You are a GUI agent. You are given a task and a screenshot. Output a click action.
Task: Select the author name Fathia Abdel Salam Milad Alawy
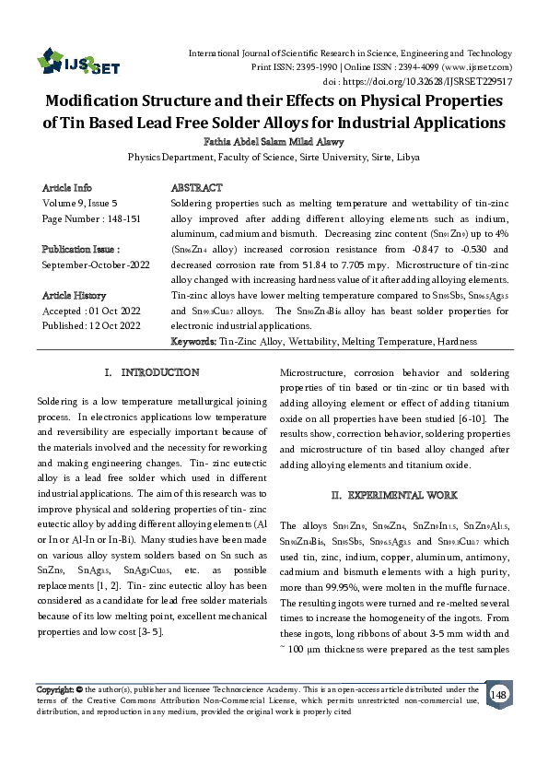274,142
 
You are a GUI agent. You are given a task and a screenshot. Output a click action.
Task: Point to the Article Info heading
67,187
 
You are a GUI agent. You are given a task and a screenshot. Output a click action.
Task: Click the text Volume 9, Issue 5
80,202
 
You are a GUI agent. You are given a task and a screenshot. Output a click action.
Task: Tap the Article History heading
75,295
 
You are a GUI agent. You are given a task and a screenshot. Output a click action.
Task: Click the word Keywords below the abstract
193,342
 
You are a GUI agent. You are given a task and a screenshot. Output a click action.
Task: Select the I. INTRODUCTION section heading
153,372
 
